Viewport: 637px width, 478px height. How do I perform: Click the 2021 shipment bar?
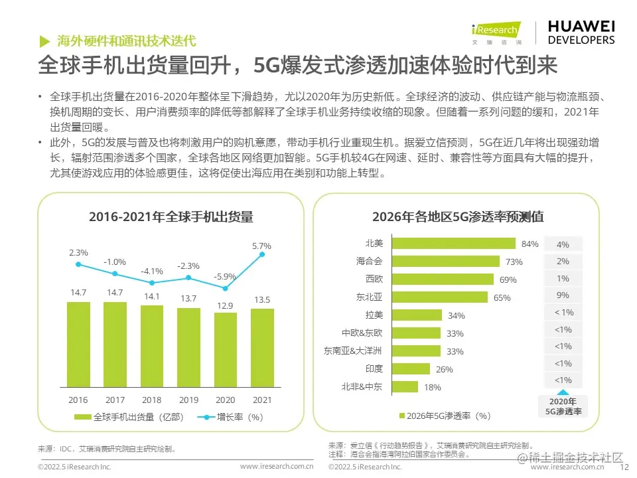pyautogui.click(x=262, y=349)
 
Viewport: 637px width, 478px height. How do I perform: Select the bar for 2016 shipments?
pyautogui.click(x=78, y=346)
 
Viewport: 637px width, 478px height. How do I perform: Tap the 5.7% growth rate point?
pyautogui.click(x=263, y=254)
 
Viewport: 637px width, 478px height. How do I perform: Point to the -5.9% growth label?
pyautogui.click(x=226, y=276)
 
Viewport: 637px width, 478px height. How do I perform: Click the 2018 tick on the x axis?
pyautogui.click(x=152, y=400)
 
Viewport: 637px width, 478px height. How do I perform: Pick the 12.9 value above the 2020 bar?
pyautogui.click(x=226, y=304)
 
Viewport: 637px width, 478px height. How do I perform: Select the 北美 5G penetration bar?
pyautogui.click(x=457, y=244)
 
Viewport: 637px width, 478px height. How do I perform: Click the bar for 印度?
pyautogui.click(x=411, y=368)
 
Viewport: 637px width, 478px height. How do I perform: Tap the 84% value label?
pyautogui.click(x=530, y=244)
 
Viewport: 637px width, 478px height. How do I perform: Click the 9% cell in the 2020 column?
pyautogui.click(x=563, y=295)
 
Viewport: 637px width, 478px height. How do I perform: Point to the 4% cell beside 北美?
pyautogui.click(x=563, y=244)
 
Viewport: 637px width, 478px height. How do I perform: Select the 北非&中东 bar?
pyautogui.click(x=405, y=386)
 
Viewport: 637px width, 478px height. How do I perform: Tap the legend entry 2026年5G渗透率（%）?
pyautogui.click(x=445, y=416)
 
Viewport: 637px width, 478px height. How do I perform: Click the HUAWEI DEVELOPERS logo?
pyautogui.click(x=581, y=32)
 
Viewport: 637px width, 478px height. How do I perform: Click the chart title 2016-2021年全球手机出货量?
pyautogui.click(x=171, y=216)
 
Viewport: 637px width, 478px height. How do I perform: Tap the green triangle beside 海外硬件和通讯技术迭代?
pyautogui.click(x=44, y=40)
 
